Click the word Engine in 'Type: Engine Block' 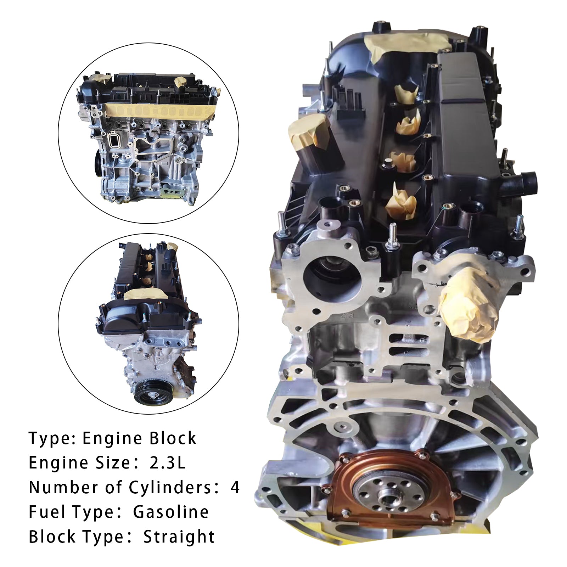click(x=111, y=439)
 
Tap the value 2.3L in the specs click(x=168, y=463)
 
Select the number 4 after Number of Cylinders click(x=235, y=488)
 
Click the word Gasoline click(x=171, y=512)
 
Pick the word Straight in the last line click(x=179, y=537)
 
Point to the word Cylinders click(x=170, y=488)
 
